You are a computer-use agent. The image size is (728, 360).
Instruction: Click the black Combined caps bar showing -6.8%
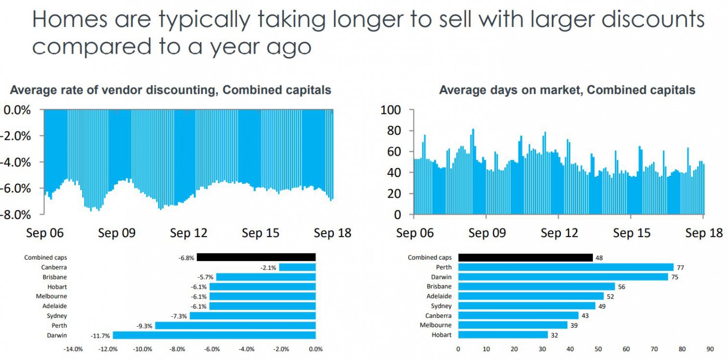(256, 257)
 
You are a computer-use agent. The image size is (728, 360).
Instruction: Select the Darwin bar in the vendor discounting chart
(214, 336)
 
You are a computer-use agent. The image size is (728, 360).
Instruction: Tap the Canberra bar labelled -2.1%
(297, 267)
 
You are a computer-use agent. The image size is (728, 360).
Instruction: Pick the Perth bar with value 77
(566, 267)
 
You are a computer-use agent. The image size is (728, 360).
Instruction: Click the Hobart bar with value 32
(503, 335)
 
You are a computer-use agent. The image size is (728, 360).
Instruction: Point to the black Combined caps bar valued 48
(525, 257)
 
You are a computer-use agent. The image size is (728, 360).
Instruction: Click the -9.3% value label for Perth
(145, 326)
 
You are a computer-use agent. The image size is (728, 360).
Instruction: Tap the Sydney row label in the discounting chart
(57, 316)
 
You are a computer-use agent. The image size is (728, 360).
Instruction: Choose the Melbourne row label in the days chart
(436, 325)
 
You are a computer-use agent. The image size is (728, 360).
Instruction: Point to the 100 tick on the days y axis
(391, 110)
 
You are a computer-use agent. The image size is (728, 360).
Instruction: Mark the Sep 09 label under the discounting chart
(116, 233)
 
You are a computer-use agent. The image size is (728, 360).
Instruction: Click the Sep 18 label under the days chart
(704, 233)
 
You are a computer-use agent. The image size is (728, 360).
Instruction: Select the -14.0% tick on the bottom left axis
(73, 349)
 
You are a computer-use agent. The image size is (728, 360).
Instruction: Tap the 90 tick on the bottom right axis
(710, 349)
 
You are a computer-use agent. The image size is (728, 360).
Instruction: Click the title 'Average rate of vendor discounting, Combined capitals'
(171, 90)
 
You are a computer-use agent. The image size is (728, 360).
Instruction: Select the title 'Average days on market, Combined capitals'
(567, 90)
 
